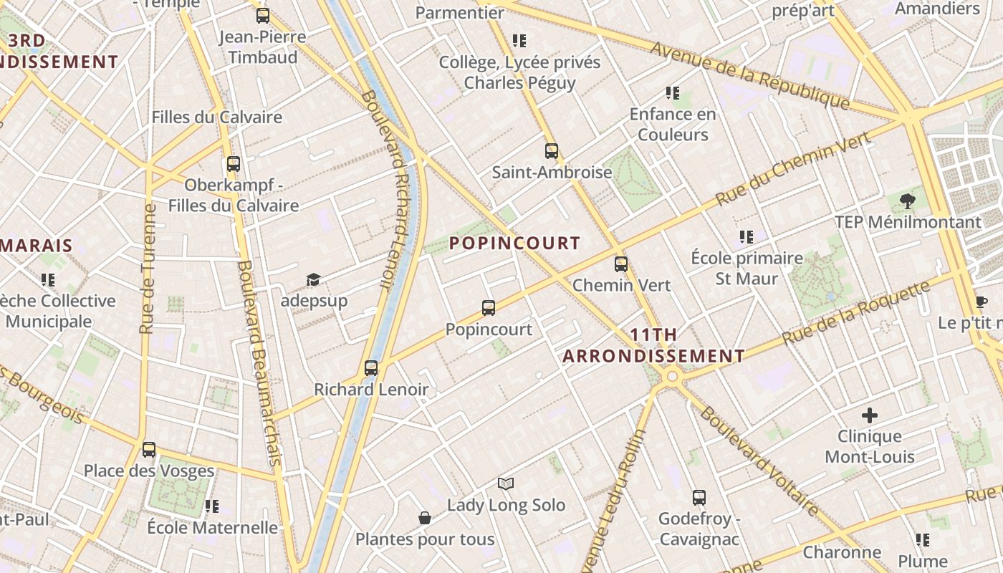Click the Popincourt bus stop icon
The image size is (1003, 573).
(x=489, y=308)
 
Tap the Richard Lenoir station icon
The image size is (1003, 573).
(x=371, y=368)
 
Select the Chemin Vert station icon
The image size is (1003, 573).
(x=621, y=264)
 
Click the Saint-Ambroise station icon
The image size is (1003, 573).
(x=552, y=151)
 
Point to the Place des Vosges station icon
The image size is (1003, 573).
(x=149, y=450)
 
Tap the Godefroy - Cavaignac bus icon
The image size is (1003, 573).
(x=699, y=497)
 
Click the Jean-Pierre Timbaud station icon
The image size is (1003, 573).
(x=263, y=16)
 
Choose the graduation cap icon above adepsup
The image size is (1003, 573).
(x=313, y=279)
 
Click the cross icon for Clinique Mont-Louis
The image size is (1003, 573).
(x=870, y=415)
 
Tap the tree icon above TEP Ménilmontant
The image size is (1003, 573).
(x=907, y=201)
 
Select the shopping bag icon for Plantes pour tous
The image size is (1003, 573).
(x=425, y=518)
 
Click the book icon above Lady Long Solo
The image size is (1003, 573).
(x=506, y=484)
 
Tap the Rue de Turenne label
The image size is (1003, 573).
(x=148, y=269)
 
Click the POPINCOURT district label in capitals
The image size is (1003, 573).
(x=514, y=244)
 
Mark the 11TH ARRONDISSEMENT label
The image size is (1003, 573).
(x=653, y=345)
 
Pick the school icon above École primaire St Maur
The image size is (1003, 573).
(x=747, y=237)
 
